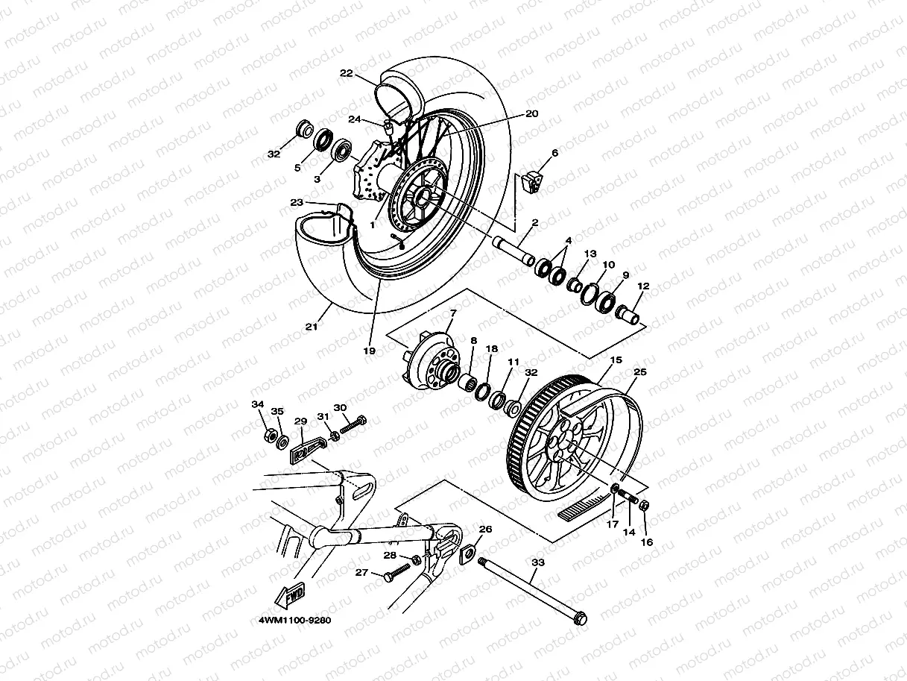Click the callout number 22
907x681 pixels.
pyautogui.click(x=346, y=73)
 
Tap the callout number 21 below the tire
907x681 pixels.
pyautogui.click(x=311, y=326)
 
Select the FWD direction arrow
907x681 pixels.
pyautogui.click(x=291, y=594)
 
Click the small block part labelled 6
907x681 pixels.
pyautogui.click(x=531, y=181)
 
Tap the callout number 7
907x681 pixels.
pyautogui.click(x=453, y=313)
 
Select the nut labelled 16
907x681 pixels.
pyautogui.click(x=645, y=506)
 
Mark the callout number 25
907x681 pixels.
pyautogui.click(x=639, y=371)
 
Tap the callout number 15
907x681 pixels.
pyautogui.click(x=616, y=360)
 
